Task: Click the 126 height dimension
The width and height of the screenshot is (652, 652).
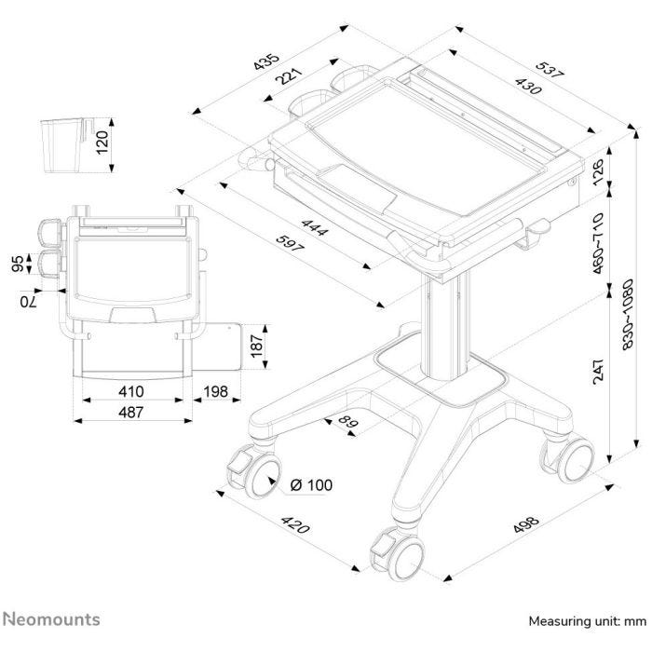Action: pyautogui.click(x=599, y=170)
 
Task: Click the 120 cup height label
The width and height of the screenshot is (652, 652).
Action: pyautogui.click(x=102, y=143)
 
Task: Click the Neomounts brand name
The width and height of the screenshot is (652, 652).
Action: pyautogui.click(x=52, y=619)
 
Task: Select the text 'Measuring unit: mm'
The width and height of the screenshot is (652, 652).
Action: pyautogui.click(x=587, y=620)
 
